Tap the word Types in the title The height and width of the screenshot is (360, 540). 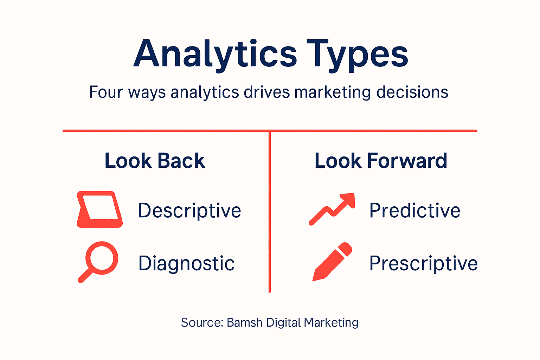[357, 53]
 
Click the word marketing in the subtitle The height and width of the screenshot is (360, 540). [333, 92]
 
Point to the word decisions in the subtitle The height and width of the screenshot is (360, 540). [412, 92]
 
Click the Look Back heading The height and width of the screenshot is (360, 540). [155, 161]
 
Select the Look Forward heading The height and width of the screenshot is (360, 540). [381, 161]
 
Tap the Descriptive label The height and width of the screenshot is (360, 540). [189, 211]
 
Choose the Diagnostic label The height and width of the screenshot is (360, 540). [186, 263]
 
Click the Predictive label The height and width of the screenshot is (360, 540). [415, 211]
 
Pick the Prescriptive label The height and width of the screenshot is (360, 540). [423, 263]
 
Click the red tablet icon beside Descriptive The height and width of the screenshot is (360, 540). [99, 210]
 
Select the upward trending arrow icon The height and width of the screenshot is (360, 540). [332, 209]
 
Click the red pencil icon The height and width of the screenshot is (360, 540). [332, 262]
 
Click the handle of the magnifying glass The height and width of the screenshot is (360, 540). [85, 276]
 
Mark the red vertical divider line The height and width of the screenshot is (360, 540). [270, 211]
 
